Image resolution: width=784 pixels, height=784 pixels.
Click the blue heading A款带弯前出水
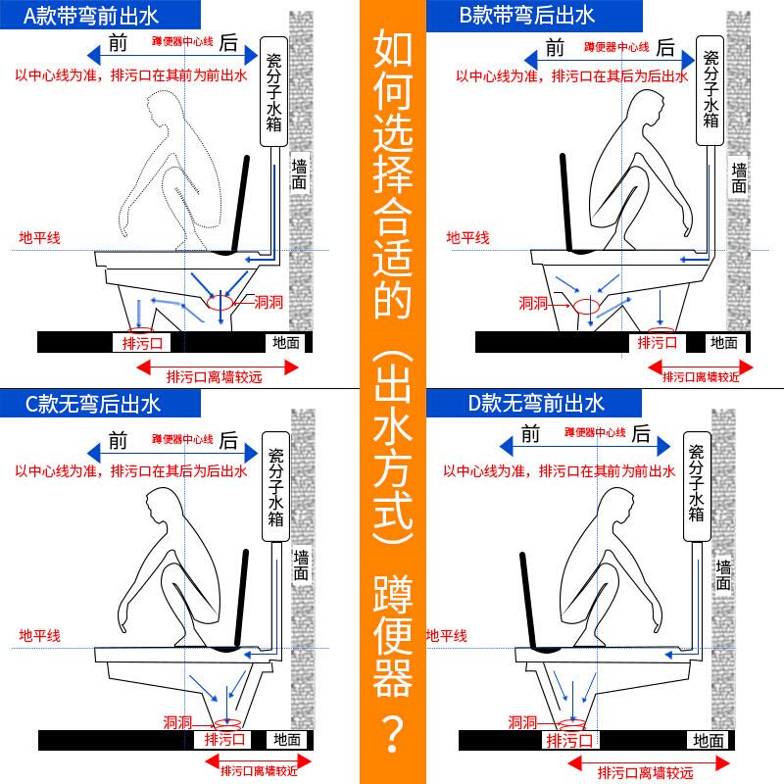click(91, 16)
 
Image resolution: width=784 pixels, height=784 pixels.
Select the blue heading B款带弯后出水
click(526, 15)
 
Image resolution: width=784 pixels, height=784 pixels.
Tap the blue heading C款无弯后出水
click(92, 404)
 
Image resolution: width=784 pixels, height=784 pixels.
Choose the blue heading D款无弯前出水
click(536, 403)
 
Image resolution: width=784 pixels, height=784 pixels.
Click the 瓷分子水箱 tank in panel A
click(274, 92)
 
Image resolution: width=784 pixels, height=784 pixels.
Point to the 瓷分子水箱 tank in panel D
click(697, 486)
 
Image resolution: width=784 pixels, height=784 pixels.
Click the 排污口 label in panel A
click(142, 344)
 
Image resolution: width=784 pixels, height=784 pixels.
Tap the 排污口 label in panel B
click(657, 343)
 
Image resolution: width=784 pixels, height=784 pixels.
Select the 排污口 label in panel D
click(570, 740)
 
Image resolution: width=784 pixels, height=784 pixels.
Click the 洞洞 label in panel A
click(269, 302)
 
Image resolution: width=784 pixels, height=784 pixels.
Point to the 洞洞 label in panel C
click(177, 722)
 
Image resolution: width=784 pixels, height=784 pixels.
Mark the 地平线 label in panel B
click(467, 237)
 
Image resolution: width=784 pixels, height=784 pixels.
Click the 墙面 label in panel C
click(301, 565)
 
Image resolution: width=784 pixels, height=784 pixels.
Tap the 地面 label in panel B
click(724, 342)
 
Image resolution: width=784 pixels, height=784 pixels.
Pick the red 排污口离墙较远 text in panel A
click(214, 377)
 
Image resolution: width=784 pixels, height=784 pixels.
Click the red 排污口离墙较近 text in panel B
click(701, 377)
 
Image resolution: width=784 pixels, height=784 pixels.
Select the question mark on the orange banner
click(393, 734)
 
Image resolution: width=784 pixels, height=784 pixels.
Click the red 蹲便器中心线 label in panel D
click(595, 432)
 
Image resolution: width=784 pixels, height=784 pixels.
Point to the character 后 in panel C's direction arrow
click(228, 441)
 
